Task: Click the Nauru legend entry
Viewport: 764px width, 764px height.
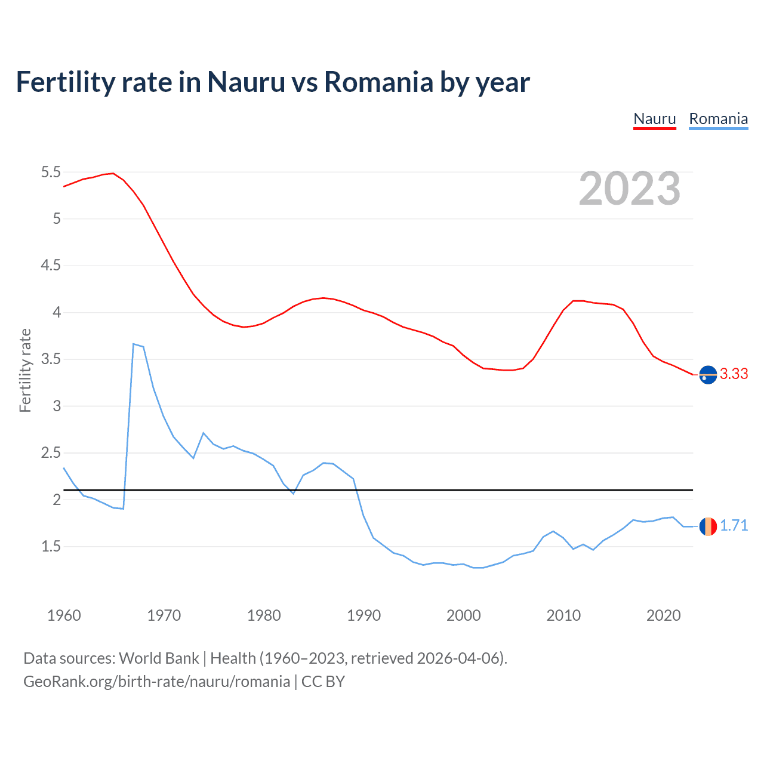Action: [x=654, y=119]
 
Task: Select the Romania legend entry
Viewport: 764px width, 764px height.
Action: [x=718, y=119]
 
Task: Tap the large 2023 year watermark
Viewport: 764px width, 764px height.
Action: [x=630, y=189]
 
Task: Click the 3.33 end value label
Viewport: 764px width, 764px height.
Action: [x=734, y=374]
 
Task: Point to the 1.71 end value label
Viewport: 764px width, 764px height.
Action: [x=734, y=525]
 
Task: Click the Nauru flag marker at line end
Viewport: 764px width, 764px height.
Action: [x=708, y=375]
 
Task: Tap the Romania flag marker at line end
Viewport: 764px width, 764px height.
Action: [x=708, y=526]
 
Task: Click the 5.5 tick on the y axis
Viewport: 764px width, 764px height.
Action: [x=51, y=172]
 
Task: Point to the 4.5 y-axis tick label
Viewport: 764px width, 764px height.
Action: [x=51, y=266]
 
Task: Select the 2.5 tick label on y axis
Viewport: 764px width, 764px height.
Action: [x=51, y=453]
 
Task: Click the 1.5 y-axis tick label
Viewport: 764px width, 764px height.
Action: [x=51, y=547]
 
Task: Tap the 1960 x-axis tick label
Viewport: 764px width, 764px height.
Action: [x=64, y=615]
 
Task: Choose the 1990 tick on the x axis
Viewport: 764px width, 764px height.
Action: [x=363, y=615]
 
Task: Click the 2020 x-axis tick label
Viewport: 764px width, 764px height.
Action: [x=663, y=615]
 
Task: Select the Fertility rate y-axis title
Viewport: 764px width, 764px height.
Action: [x=25, y=370]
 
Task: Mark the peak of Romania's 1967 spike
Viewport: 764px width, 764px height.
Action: [x=134, y=344]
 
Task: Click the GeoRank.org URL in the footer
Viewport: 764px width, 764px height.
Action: [x=156, y=681]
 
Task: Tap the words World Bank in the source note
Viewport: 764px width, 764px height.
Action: [x=159, y=658]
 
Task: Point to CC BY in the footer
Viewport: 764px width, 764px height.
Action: [x=323, y=681]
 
